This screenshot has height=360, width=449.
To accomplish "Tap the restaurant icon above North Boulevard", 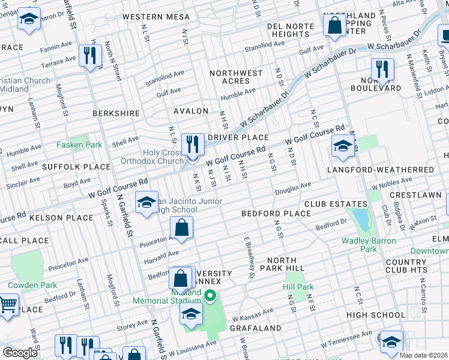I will [382, 70].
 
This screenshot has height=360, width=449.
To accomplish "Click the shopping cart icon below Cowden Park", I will [7, 305].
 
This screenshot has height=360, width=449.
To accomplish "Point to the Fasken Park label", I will [79, 145].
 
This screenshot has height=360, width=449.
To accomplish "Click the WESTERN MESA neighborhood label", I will [155, 17].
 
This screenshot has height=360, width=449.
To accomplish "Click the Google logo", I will [20, 352].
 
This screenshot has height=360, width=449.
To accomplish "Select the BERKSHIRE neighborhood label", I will [116, 113].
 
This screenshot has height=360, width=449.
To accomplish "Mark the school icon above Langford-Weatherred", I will [343, 147].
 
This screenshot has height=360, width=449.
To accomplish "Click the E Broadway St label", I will [249, 257].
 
